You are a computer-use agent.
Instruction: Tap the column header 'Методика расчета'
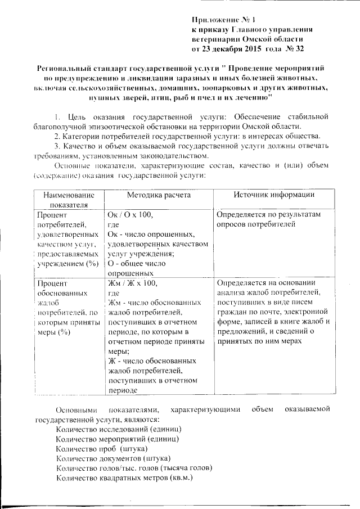(x=158, y=195)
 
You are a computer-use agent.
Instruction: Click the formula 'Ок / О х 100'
(x=129, y=215)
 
